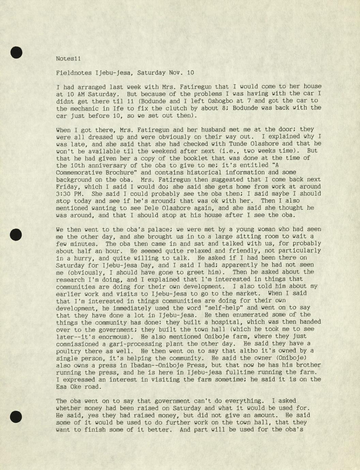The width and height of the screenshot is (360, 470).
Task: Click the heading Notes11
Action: tap(68, 59)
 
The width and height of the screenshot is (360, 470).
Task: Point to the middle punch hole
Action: tap(16, 235)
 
